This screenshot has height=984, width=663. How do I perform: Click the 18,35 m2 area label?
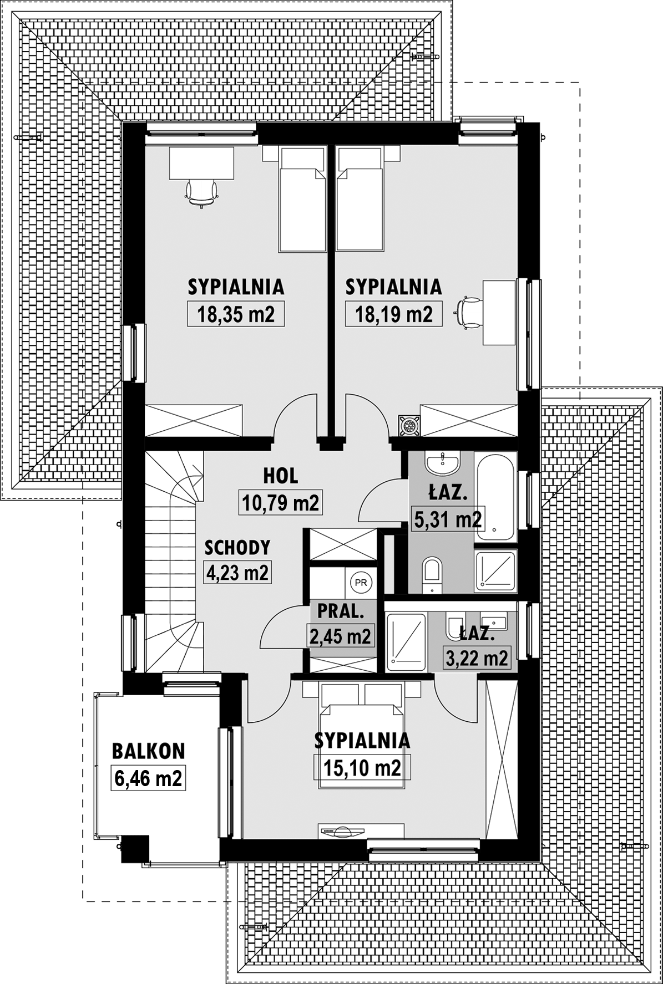pyautogui.click(x=236, y=314)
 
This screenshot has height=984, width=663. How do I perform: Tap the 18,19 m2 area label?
pyautogui.click(x=393, y=314)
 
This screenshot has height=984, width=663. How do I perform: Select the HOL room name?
pyautogui.click(x=280, y=475)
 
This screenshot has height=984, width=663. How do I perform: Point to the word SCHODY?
pyautogui.click(x=237, y=547)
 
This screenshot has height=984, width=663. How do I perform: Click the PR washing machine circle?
pyautogui.click(x=361, y=582)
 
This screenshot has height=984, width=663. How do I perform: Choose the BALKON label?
pyautogui.click(x=148, y=751)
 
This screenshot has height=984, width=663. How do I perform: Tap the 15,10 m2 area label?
pyautogui.click(x=362, y=768)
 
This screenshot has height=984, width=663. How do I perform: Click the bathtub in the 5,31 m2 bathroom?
pyautogui.click(x=495, y=498)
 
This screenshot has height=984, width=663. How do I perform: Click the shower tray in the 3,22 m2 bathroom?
pyautogui.click(x=406, y=642)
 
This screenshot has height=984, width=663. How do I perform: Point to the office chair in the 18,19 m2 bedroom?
pyautogui.click(x=469, y=312)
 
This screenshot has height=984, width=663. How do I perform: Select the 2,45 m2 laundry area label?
pyautogui.click(x=340, y=636)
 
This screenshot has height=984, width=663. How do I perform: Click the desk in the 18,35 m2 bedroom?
pyautogui.click(x=201, y=163)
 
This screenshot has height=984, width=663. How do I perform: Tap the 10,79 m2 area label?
pyautogui.click(x=280, y=502)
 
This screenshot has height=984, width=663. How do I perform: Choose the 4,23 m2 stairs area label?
pyautogui.click(x=237, y=572)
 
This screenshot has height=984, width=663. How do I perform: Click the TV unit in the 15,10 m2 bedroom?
pyautogui.click(x=361, y=831)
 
